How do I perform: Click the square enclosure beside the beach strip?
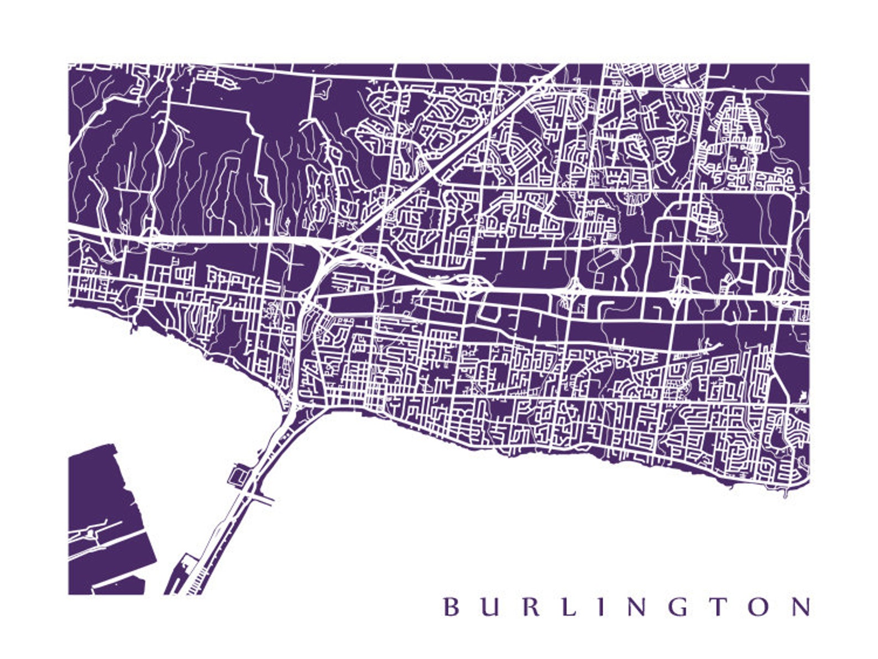click(x=240, y=475)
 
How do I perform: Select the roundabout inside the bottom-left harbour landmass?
click(x=90, y=534)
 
